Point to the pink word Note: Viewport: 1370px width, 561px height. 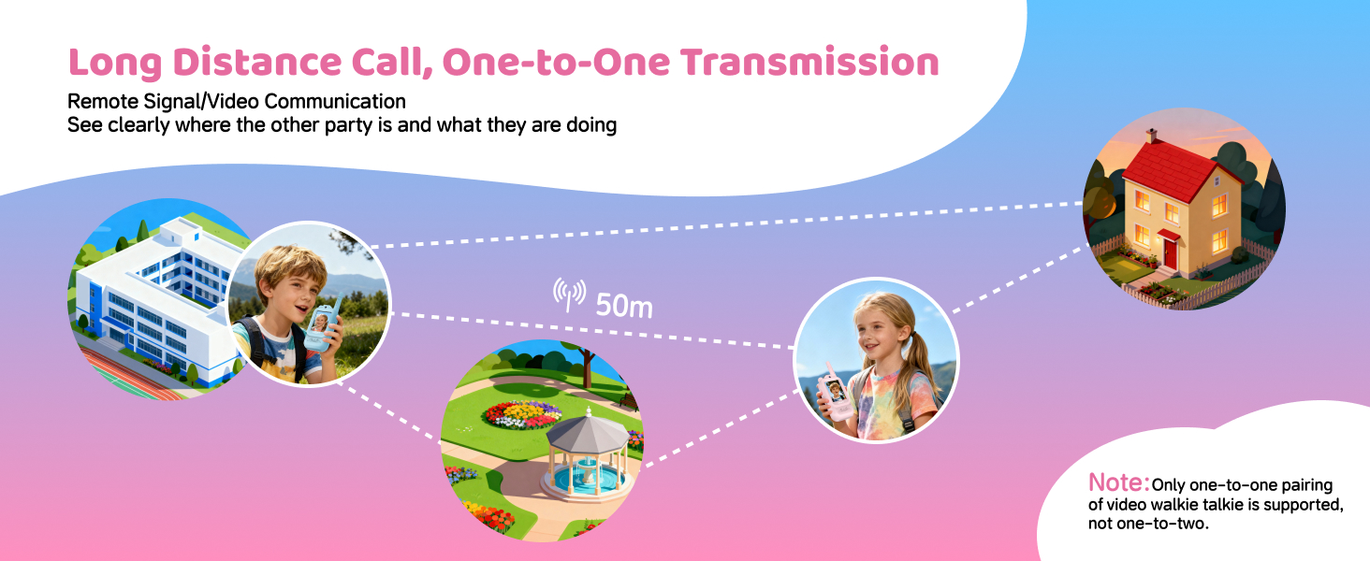coord(1118,482)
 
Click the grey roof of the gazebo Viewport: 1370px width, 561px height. coord(588,433)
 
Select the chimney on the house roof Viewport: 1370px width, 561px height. coord(1151,137)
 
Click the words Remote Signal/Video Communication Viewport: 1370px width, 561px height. coord(237,101)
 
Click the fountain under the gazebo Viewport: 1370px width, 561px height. coord(586,477)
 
